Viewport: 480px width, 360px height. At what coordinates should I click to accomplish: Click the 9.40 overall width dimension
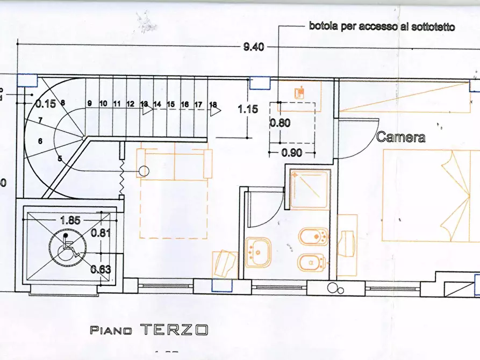(254, 47)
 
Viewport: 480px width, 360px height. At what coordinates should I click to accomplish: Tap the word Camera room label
(400, 138)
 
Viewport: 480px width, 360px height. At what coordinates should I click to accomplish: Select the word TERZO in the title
(174, 329)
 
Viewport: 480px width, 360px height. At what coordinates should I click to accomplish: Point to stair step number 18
(213, 104)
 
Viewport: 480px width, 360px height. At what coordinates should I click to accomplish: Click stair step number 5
(60, 159)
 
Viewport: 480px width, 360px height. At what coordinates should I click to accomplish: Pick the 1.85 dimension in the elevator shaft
(70, 220)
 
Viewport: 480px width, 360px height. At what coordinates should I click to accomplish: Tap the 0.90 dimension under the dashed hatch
(292, 153)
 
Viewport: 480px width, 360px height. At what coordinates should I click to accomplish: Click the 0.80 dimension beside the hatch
(280, 123)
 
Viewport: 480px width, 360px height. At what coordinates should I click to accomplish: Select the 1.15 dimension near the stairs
(248, 109)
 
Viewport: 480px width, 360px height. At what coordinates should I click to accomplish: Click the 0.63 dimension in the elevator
(101, 269)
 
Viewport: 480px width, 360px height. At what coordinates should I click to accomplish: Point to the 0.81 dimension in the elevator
(101, 233)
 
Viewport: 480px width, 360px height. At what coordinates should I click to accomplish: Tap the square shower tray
(309, 189)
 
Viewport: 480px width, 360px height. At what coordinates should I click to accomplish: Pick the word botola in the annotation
(322, 26)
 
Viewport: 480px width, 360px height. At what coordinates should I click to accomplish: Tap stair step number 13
(144, 104)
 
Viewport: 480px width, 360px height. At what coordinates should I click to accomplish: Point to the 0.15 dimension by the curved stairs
(46, 104)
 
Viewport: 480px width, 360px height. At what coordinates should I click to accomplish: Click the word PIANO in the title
(111, 330)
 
